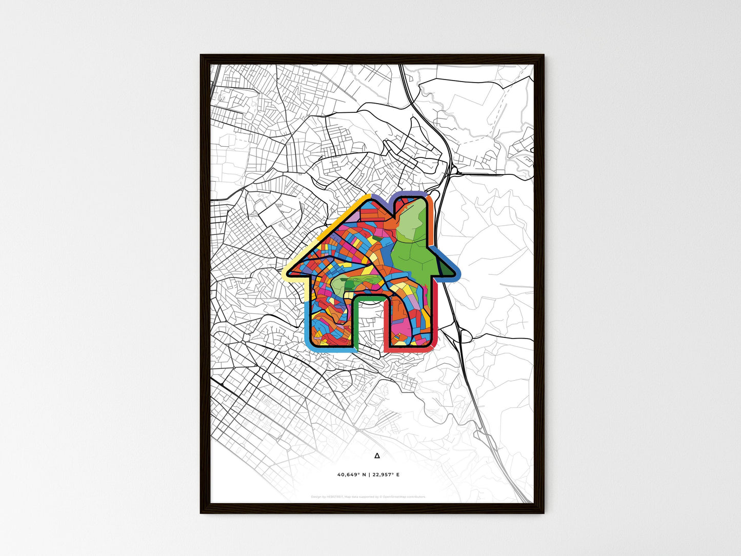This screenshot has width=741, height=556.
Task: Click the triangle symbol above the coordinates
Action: coord(377,455)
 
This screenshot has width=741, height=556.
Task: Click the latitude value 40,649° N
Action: coord(352,475)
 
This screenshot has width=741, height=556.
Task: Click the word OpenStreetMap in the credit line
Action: coord(395,497)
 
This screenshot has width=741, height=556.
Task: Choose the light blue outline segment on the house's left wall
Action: coord(307,323)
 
